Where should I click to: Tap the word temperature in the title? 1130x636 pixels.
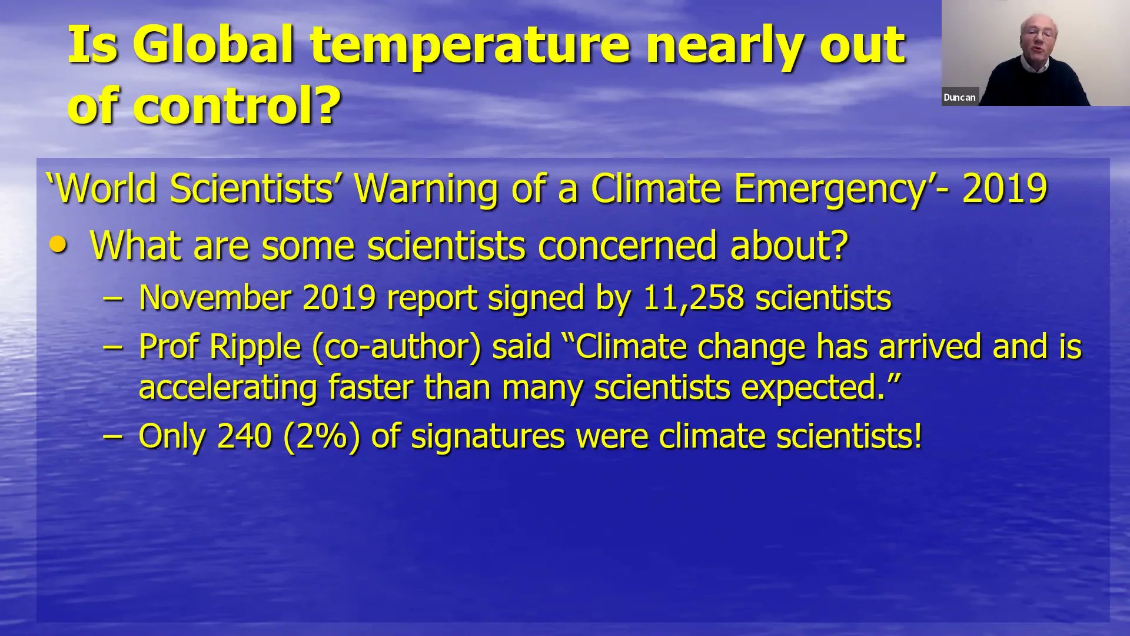(470, 46)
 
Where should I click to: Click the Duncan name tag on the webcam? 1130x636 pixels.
(959, 98)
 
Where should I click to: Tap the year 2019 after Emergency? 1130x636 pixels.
(1005, 188)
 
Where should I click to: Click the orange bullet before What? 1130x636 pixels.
(58, 244)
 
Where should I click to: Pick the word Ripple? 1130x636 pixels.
(255, 347)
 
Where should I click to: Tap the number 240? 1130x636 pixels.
(244, 436)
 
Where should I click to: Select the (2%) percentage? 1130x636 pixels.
(321, 436)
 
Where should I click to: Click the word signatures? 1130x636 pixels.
(487, 436)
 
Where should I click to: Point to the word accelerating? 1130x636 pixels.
(228, 388)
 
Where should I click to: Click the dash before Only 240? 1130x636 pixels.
(112, 436)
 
